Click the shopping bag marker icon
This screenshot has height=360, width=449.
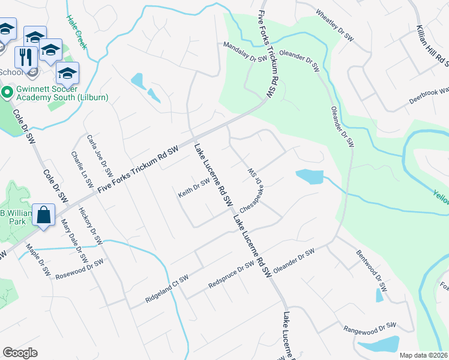pos(44,215)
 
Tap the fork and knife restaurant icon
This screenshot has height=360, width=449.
pos(25,56)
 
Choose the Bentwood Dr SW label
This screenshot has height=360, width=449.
pos(370,272)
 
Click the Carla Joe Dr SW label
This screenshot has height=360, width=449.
pos(100,154)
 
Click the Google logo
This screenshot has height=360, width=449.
pos(20,353)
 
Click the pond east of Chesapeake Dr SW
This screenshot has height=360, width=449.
pos(309,176)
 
